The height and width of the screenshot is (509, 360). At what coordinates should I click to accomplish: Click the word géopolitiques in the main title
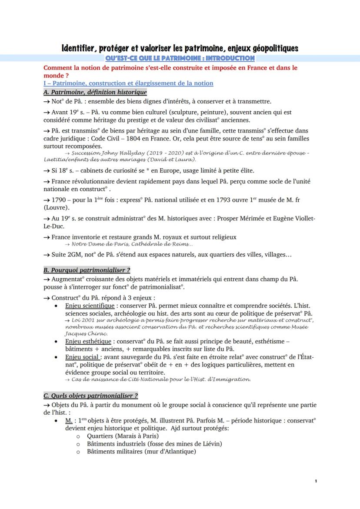click(272, 48)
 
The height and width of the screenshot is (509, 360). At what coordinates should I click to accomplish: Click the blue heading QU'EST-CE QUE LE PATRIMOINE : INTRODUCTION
click(180, 58)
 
